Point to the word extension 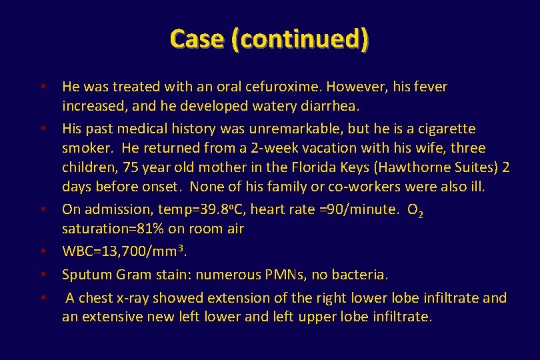tap(236, 298)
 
